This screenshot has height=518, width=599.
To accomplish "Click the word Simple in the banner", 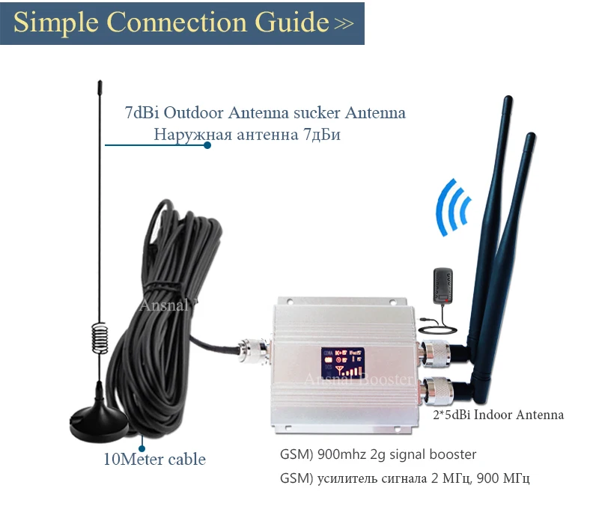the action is (56, 22).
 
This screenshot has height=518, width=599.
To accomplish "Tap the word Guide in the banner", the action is (286, 22).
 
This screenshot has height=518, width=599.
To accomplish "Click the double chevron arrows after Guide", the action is (344, 24).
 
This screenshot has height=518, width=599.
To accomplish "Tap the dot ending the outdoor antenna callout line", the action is (207, 145).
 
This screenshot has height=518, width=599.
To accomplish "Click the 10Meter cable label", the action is (154, 459).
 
